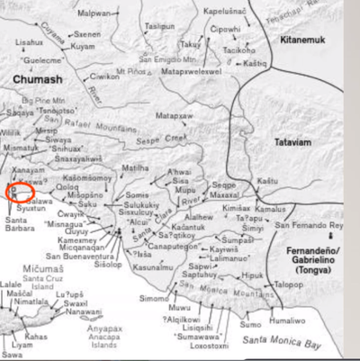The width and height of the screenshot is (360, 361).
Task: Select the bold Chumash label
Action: tap(36, 80)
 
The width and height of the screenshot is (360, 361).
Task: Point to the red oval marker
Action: tap(20, 191)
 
